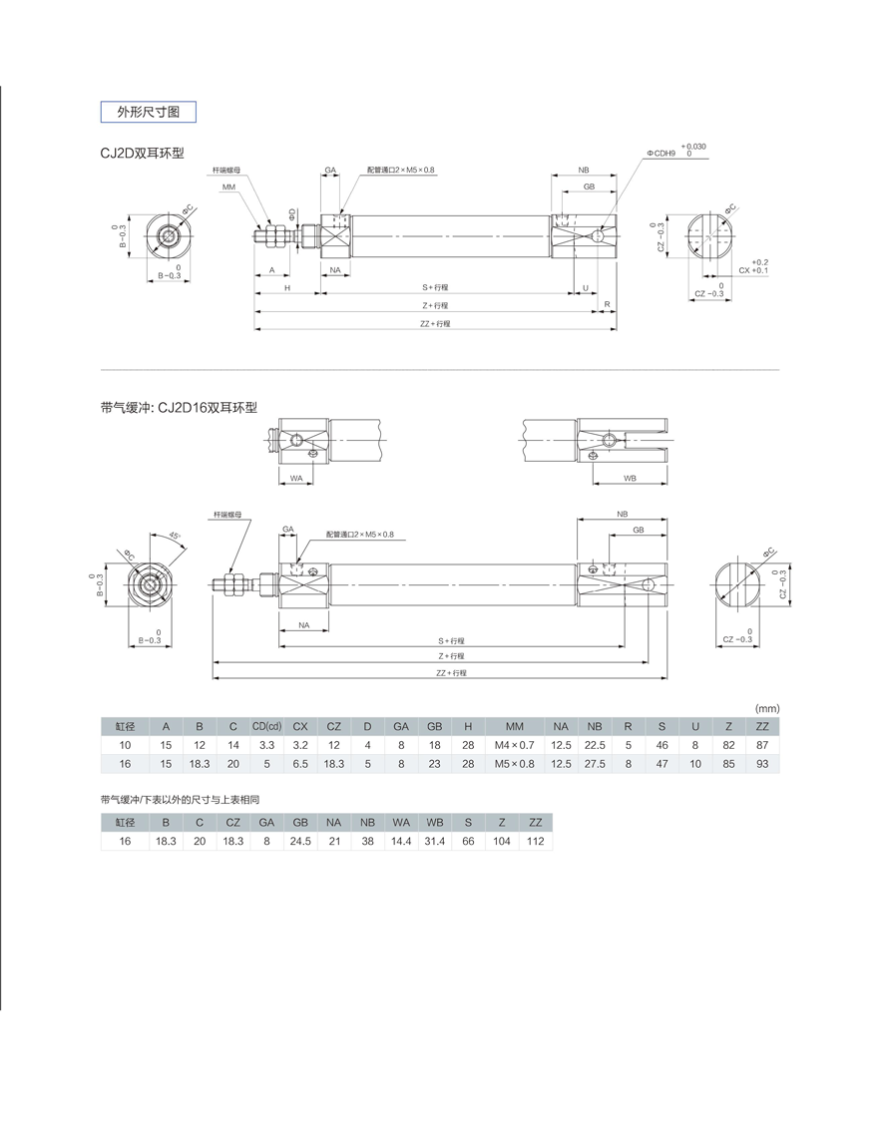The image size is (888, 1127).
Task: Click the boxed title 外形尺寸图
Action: pyautogui.click(x=149, y=112)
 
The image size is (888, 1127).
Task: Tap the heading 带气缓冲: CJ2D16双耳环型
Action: pyautogui.click(x=179, y=407)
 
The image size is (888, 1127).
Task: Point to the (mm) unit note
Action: pyautogui.click(x=766, y=707)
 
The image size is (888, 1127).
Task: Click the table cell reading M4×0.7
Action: pyautogui.click(x=514, y=745)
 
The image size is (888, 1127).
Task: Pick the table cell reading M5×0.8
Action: pyautogui.click(x=514, y=764)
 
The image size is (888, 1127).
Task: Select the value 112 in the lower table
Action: pyautogui.click(x=535, y=841)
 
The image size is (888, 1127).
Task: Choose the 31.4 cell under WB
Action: pyautogui.click(x=434, y=841)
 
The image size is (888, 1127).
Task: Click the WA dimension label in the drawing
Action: pyautogui.click(x=296, y=479)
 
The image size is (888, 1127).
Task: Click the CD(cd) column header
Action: pyautogui.click(x=266, y=726)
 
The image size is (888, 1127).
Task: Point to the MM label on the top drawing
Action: pyautogui.click(x=228, y=188)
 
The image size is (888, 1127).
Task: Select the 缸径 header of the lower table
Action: pyautogui.click(x=125, y=822)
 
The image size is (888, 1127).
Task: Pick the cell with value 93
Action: pyautogui.click(x=762, y=764)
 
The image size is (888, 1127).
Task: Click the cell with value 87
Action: pyautogui.click(x=762, y=745)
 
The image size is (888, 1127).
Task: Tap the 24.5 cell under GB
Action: pyautogui.click(x=299, y=841)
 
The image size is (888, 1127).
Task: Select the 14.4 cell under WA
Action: pyautogui.click(x=400, y=841)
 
